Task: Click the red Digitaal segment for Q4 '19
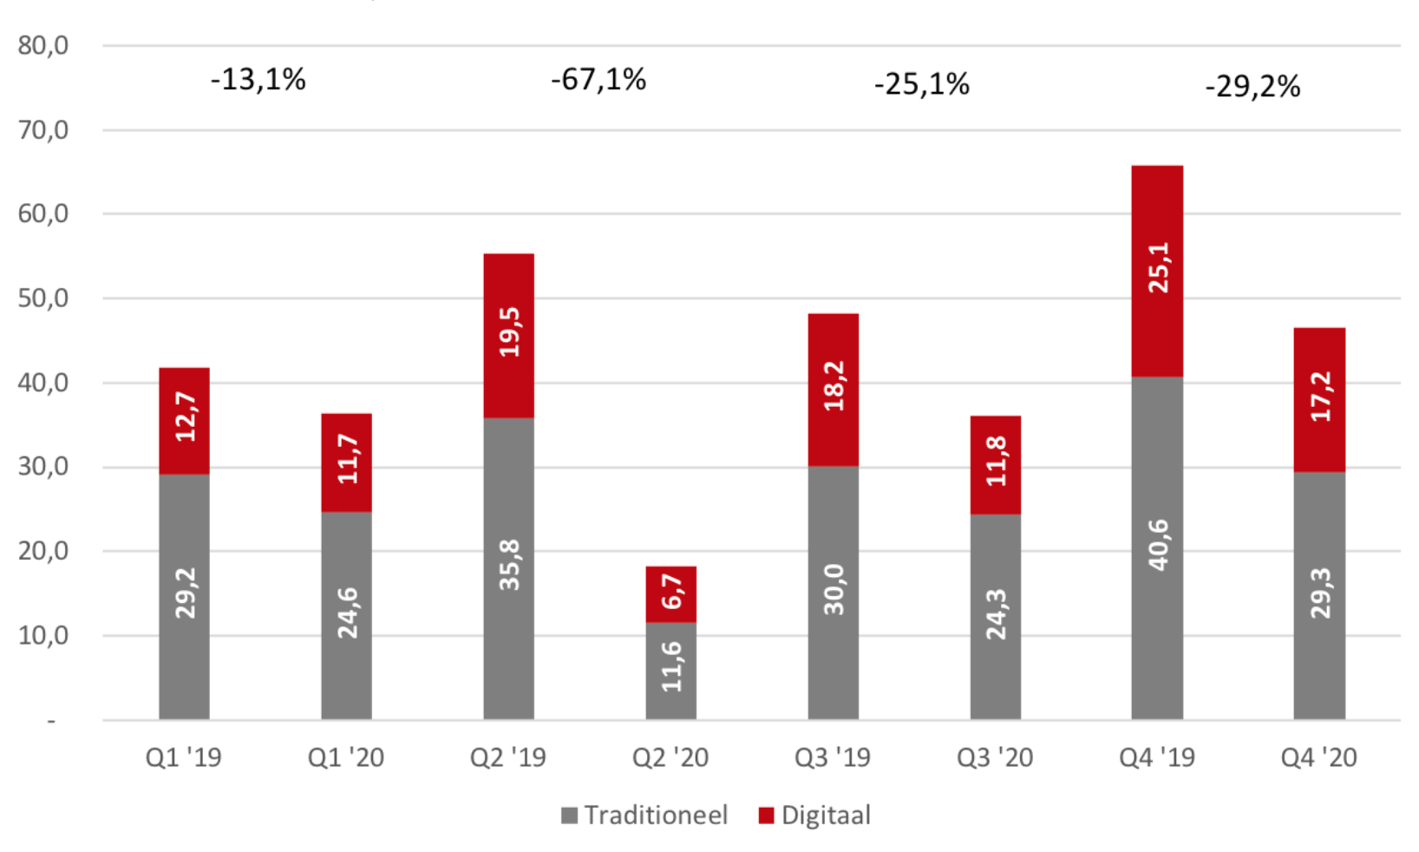(1157, 271)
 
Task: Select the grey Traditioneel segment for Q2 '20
(670, 671)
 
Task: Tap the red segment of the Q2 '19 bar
(509, 336)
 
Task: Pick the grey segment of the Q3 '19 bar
(833, 593)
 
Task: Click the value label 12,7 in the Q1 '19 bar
(186, 416)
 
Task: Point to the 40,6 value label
(1158, 545)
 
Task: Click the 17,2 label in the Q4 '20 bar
(1320, 397)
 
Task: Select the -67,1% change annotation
(598, 80)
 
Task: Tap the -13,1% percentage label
(258, 80)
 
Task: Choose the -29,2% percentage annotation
(1252, 87)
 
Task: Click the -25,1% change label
(921, 84)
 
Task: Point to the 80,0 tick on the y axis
(43, 45)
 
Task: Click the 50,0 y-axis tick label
(43, 298)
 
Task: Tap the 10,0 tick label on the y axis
(43, 635)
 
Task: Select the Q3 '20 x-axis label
(995, 757)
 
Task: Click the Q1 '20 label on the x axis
(346, 757)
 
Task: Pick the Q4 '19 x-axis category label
(1157, 757)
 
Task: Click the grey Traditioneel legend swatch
(569, 816)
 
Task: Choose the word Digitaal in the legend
(826, 816)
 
